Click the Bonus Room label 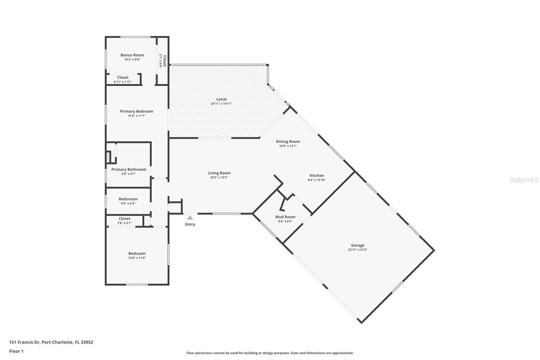[x=132, y=55]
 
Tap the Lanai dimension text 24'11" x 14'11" [x=221, y=104]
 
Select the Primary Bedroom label [x=137, y=111]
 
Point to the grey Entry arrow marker [x=190, y=218]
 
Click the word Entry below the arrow [x=190, y=224]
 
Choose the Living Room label [x=219, y=173]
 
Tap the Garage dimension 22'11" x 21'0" [x=357, y=250]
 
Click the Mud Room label [x=285, y=217]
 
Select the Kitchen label [x=317, y=175]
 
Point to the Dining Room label [x=288, y=142]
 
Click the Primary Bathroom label [x=129, y=170]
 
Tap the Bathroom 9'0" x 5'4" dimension [x=128, y=204]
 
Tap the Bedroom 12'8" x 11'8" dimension [x=137, y=258]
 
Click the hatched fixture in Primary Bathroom [x=108, y=157]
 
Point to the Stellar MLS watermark [x=524, y=180]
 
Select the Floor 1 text [x=16, y=351]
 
